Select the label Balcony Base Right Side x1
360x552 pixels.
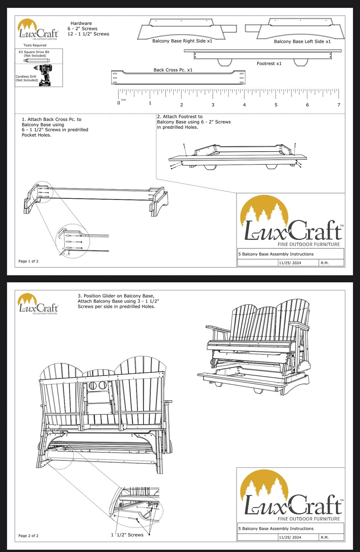pos(182,41)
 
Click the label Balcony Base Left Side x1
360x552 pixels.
pos(302,42)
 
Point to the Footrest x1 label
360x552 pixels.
pos(269,64)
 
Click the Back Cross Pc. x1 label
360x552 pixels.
pos(173,70)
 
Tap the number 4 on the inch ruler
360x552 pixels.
pos(244,105)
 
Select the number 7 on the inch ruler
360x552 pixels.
pos(339,105)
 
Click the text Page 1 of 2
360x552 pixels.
pos(28,261)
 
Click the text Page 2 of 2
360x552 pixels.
pos(28,536)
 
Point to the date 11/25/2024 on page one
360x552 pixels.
pos(290,263)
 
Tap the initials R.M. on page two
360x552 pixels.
pos(324,537)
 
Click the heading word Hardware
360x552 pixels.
pos(81,23)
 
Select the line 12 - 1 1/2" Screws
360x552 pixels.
pos(88,34)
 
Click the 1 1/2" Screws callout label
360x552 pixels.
pos(127,535)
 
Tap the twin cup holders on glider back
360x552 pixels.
pos(98,386)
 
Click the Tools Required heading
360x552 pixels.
pos(35,45)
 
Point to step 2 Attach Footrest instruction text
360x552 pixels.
pos(193,122)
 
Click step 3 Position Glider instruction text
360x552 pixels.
pos(118,301)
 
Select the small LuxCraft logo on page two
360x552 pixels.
pos(38,304)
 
